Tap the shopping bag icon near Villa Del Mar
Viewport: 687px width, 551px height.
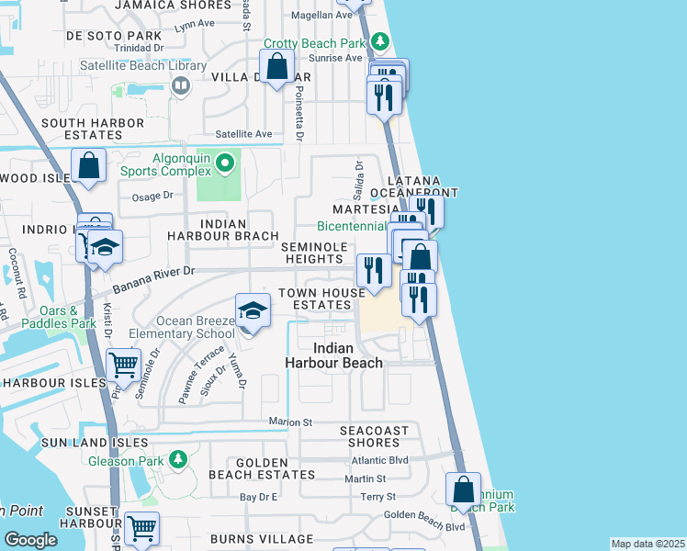(276, 67)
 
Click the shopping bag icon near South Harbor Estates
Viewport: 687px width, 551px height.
(89, 166)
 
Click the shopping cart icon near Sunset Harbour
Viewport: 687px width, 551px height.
(141, 528)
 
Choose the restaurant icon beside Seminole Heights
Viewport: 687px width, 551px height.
(373, 271)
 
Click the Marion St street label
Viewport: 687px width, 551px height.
(291, 422)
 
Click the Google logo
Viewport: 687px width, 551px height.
(30, 539)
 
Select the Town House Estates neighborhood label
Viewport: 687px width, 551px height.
(315, 298)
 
